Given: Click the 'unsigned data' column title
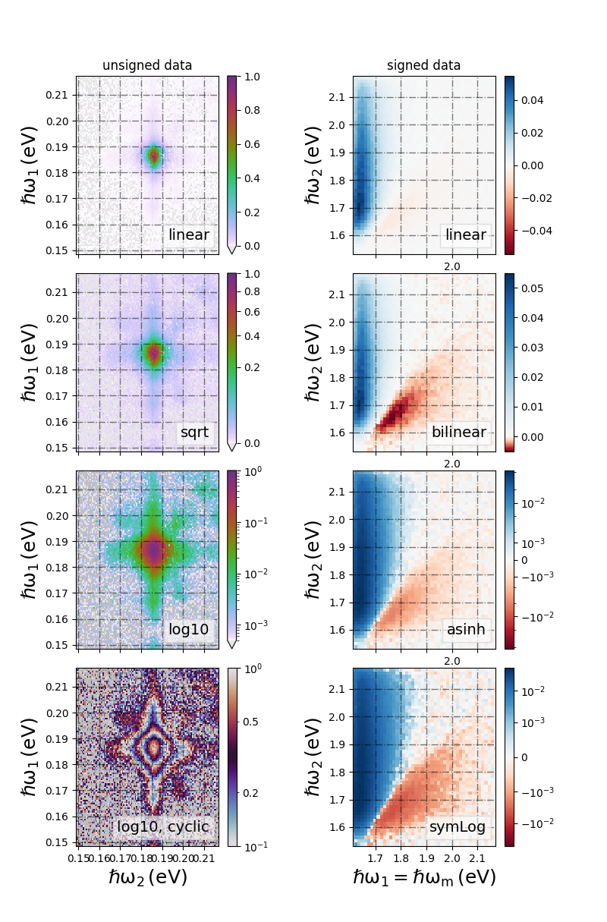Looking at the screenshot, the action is pos(147,65).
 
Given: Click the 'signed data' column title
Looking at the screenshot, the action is pos(423,65).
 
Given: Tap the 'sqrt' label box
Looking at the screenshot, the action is pos(195,432).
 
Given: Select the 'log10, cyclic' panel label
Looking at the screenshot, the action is pos(163,826).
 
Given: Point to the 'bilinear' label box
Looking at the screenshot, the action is pos(459,432).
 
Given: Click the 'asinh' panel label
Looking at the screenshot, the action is pos(466,629).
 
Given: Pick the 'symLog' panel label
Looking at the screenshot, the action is pos(458,826).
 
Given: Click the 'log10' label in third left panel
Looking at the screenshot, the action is pos(188,629).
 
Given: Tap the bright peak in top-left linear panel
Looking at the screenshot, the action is pos(154,156).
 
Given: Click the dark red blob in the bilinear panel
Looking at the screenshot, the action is pos(395,411).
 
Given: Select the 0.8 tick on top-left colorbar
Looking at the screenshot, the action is pos(252,110).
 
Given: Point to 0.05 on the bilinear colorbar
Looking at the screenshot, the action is pos(532,288).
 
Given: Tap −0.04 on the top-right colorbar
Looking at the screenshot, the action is pos(536,231).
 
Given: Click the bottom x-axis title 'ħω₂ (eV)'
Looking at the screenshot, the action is pos(148,877).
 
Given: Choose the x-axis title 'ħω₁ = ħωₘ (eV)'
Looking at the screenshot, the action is pos(424,877).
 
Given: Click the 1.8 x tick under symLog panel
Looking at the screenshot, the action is pos(401,858).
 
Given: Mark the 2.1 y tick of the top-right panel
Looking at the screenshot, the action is pos(337,98).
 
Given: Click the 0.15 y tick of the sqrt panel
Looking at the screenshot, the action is pos(57,448).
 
